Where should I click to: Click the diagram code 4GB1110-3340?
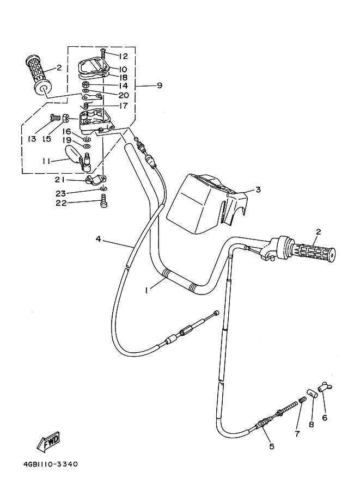pyautogui.click(x=51, y=464)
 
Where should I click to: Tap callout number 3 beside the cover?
pyautogui.click(x=258, y=189)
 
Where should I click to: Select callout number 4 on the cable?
pyautogui.click(x=98, y=238)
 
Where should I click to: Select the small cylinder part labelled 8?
pyautogui.click(x=311, y=392)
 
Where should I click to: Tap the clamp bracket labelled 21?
pyautogui.click(x=95, y=180)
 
